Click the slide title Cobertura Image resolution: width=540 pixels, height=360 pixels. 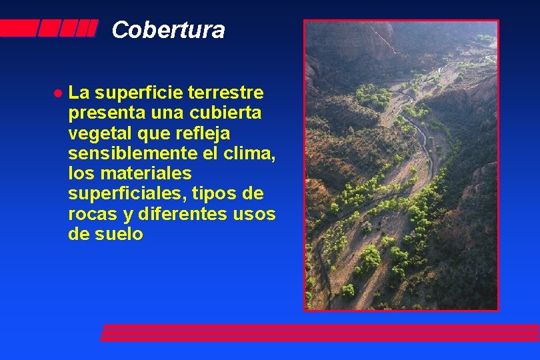point(168,30)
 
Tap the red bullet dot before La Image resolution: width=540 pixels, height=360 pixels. point(58,91)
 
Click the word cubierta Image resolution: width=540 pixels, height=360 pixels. point(229,113)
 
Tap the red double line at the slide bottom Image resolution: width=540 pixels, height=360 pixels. point(320,332)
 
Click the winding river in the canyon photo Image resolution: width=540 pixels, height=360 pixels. point(419,127)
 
